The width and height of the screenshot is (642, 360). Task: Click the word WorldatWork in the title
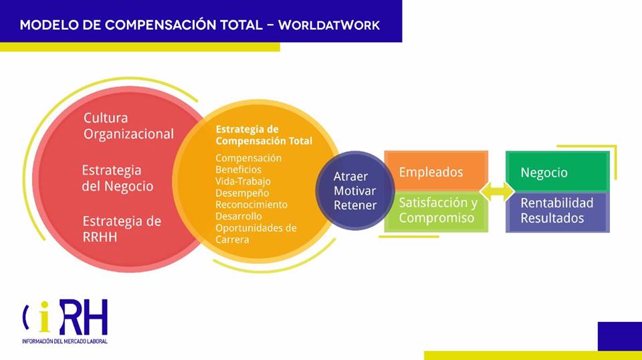(x=329, y=25)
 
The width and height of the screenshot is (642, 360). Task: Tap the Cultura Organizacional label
(x=128, y=126)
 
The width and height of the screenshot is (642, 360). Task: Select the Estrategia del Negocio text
(x=118, y=178)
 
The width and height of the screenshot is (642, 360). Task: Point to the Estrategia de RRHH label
(x=122, y=229)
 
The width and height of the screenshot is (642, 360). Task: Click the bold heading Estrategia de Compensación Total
(x=263, y=135)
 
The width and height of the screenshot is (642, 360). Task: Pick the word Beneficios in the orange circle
(x=238, y=169)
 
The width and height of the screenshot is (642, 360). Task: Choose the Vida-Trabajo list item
(x=243, y=181)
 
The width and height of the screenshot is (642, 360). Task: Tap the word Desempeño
(x=242, y=193)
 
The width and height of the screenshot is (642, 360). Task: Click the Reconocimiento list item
(x=251, y=205)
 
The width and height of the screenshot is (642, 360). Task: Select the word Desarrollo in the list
(x=238, y=216)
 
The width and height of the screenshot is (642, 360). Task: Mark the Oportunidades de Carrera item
(x=256, y=234)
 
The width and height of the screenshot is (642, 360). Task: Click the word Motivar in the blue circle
(x=354, y=191)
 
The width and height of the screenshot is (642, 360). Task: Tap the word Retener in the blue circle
(x=355, y=205)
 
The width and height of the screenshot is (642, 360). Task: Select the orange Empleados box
(x=436, y=171)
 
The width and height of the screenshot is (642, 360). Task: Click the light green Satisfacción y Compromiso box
(x=436, y=211)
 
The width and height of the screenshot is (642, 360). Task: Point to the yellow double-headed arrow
(x=497, y=191)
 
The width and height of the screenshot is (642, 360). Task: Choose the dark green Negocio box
(x=558, y=171)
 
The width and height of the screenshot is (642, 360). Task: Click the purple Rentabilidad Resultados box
(x=558, y=212)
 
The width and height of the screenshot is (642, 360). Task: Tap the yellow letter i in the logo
(x=45, y=317)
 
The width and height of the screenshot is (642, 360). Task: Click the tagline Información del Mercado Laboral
(x=65, y=341)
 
